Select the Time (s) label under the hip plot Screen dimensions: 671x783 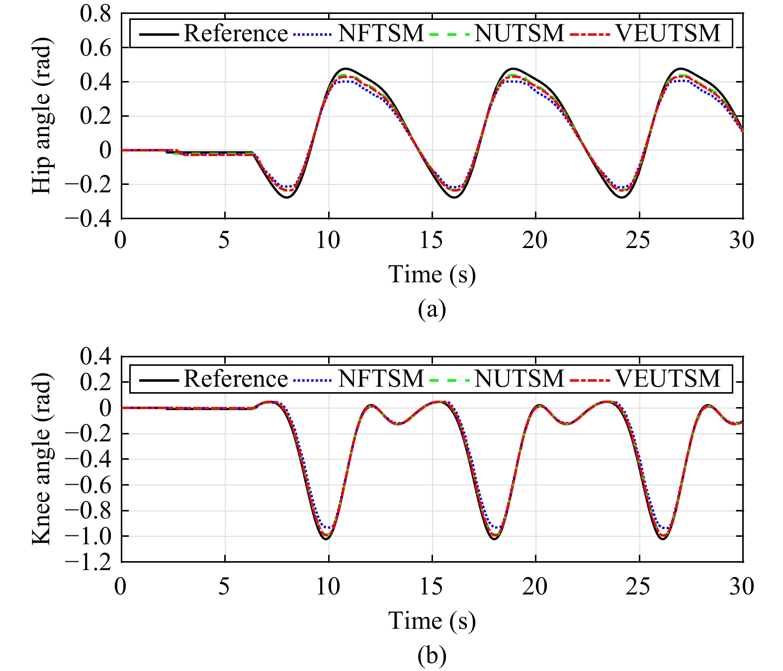point(432,274)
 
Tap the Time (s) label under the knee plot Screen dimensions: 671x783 point(432,620)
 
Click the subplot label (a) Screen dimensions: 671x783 point(432,309)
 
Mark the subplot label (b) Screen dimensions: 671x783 point(432,656)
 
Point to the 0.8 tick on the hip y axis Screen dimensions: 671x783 point(95,14)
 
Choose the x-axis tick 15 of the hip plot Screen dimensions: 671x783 point(431,241)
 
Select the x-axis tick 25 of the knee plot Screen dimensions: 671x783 point(638,587)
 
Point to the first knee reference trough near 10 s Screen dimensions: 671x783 point(328,539)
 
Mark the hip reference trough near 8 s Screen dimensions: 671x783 point(287,198)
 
